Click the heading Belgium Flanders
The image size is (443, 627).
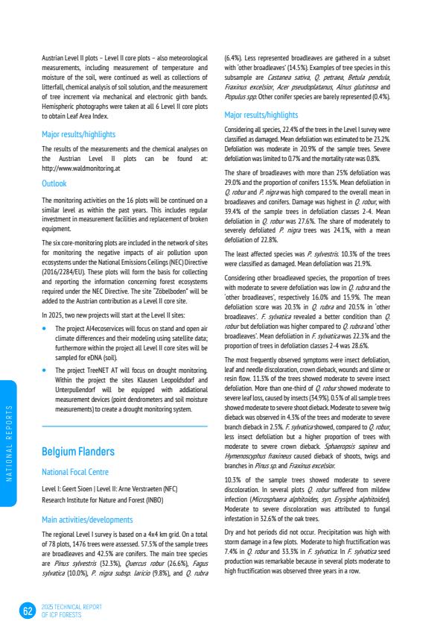tap(78, 452)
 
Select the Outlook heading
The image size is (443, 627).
tap(54, 183)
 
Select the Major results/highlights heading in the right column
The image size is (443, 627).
tap(261, 116)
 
